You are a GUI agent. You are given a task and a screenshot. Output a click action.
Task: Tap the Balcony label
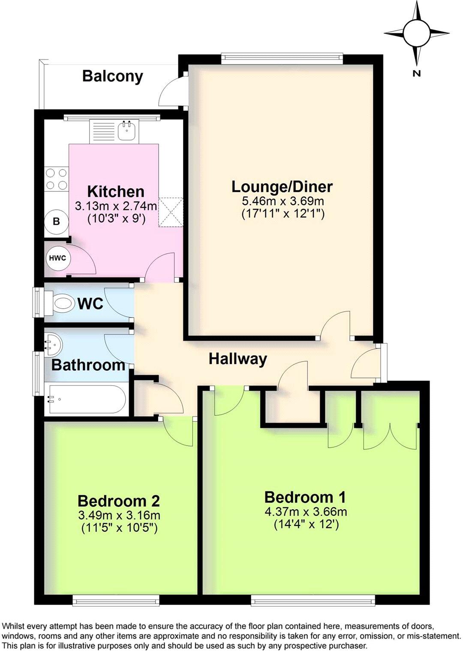click(x=112, y=76)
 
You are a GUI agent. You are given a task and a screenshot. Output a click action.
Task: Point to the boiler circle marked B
click(x=56, y=222)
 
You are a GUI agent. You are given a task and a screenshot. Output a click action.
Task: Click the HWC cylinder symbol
click(x=57, y=258)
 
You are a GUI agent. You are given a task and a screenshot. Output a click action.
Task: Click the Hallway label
click(x=238, y=359)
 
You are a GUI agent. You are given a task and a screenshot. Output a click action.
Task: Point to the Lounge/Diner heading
click(x=282, y=187)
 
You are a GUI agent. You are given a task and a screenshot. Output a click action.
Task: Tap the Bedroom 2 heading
click(x=119, y=501)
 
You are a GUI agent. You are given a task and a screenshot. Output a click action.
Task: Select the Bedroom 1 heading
click(x=305, y=497)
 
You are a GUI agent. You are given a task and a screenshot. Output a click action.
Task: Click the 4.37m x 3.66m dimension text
click(x=306, y=511)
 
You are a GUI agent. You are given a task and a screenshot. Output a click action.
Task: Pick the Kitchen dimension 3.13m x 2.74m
click(x=116, y=206)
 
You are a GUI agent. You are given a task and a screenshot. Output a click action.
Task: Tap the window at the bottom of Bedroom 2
click(x=116, y=602)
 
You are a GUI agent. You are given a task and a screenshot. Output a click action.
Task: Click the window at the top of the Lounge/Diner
click(x=282, y=56)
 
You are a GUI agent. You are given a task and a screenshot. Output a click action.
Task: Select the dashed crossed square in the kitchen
click(x=171, y=211)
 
